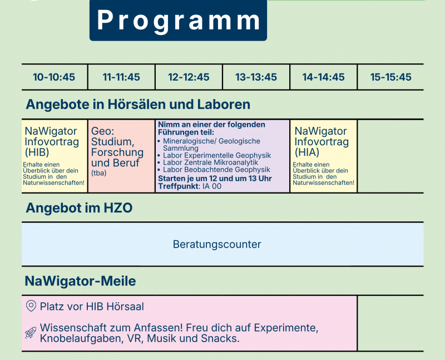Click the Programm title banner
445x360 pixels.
click(178, 21)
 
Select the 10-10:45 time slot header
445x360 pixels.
click(54, 77)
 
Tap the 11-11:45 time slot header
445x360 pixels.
click(121, 77)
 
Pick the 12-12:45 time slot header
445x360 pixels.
click(189, 77)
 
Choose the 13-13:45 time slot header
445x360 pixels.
click(256, 77)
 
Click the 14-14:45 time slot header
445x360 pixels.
click(323, 77)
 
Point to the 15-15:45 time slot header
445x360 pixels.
click(390, 77)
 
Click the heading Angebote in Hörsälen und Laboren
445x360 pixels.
click(138, 105)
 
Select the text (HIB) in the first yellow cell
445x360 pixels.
click(37, 152)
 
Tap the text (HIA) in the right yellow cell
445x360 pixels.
click(307, 152)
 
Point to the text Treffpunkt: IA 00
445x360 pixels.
click(190, 186)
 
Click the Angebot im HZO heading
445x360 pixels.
click(79, 208)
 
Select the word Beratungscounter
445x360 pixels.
click(217, 244)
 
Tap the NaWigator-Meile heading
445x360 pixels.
click(80, 282)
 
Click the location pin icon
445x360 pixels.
click(31, 306)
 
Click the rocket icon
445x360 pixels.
click(31, 333)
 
